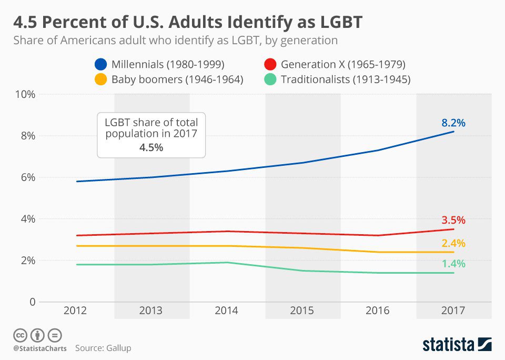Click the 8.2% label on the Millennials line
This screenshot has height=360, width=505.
pyautogui.click(x=453, y=123)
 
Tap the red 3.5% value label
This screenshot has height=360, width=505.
pyautogui.click(x=453, y=220)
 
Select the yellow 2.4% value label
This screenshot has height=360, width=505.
pyautogui.click(x=453, y=243)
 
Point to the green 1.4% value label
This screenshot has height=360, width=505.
pyautogui.click(x=453, y=264)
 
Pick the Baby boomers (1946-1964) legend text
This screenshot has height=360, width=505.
pyautogui.click(x=177, y=79)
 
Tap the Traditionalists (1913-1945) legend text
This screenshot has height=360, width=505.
pyautogui.click(x=346, y=79)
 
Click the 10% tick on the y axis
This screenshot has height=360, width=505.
pyautogui.click(x=25, y=94)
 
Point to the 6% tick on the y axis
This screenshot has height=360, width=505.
pyautogui.click(x=27, y=177)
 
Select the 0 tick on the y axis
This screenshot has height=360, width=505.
pyautogui.click(x=32, y=302)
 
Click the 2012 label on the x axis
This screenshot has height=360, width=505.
pyautogui.click(x=75, y=311)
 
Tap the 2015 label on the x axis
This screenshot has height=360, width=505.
pyautogui.click(x=302, y=311)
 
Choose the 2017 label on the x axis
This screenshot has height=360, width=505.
pyautogui.click(x=453, y=311)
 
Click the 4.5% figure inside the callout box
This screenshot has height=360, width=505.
pyautogui.click(x=151, y=147)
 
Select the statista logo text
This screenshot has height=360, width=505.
pyautogui.click(x=448, y=345)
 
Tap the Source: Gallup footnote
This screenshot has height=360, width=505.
pyautogui.click(x=103, y=348)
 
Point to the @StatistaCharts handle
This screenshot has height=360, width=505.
pyautogui.click(x=39, y=348)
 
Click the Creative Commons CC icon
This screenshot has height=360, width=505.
pyautogui.click(x=20, y=335)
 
